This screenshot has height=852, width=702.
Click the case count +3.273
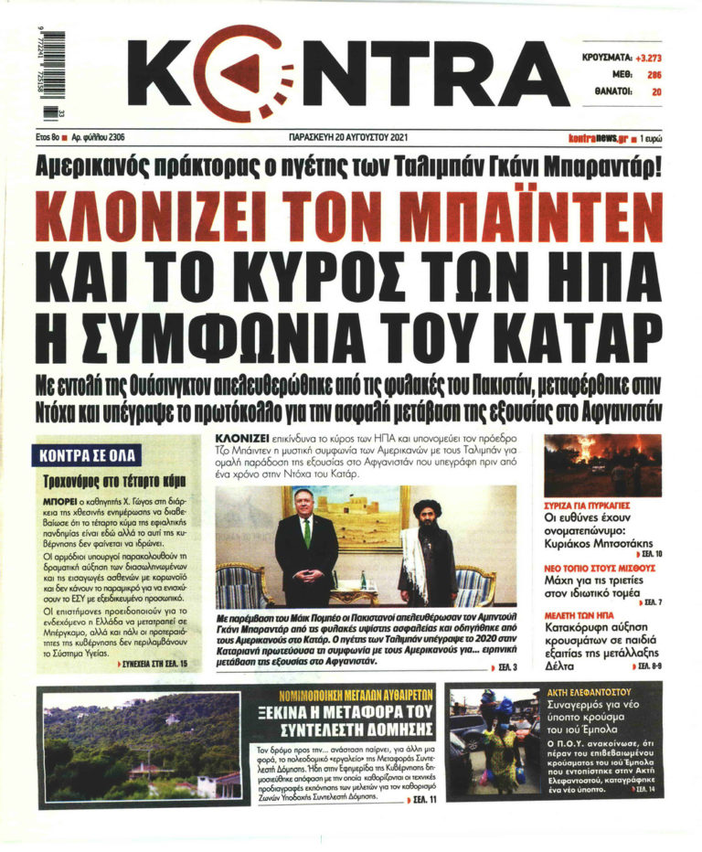click(x=643, y=56)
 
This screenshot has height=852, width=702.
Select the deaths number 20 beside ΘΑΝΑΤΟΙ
click(x=656, y=92)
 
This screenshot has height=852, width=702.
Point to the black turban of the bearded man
click(x=426, y=506)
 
